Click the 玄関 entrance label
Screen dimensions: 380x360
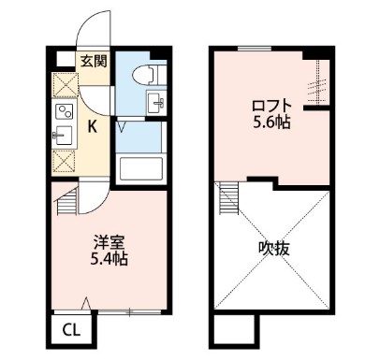(94, 61)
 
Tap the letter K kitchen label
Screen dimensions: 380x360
(92, 126)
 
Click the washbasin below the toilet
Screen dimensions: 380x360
(156, 102)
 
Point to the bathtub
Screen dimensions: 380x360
(141, 168)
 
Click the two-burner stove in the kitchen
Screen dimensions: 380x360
(65, 111)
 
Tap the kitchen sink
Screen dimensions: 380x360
(64, 136)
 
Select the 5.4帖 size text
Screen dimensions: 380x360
(109, 258)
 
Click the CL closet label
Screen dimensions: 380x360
(72, 330)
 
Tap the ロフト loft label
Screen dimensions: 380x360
(271, 107)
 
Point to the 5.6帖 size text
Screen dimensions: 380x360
(271, 122)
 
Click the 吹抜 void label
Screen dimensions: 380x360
(274, 249)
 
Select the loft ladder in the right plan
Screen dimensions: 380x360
(228, 198)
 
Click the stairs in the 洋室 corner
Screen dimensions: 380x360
(66, 201)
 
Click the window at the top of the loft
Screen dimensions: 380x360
(255, 49)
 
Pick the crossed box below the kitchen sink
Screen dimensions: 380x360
(64, 161)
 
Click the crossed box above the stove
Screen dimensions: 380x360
(65, 85)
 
